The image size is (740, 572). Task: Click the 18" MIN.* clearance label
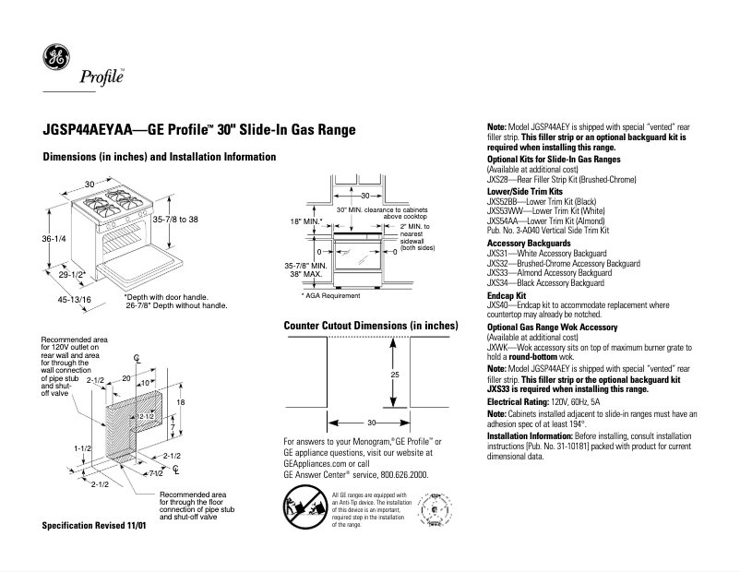click(x=306, y=222)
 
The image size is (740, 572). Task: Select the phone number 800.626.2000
click(x=399, y=474)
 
